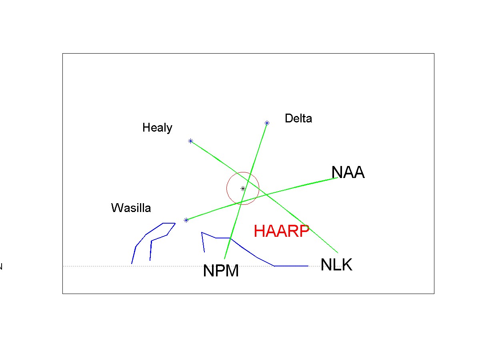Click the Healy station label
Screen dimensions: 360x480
coord(157,128)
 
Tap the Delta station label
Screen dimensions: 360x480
coord(298,118)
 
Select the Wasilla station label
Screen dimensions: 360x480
coord(131,208)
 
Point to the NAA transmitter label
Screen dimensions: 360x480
coord(348,172)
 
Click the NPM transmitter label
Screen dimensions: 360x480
coord(221,271)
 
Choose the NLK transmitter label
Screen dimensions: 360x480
coord(336,265)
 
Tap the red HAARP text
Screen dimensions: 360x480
coord(282,231)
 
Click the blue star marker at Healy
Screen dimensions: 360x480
coord(191,141)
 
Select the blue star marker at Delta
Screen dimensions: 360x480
coord(267,123)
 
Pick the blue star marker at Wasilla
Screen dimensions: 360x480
coord(186,220)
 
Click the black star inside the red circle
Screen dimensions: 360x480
coord(243,188)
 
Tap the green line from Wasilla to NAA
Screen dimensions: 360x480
coord(304,187)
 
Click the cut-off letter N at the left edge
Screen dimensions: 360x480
coord(1,267)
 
